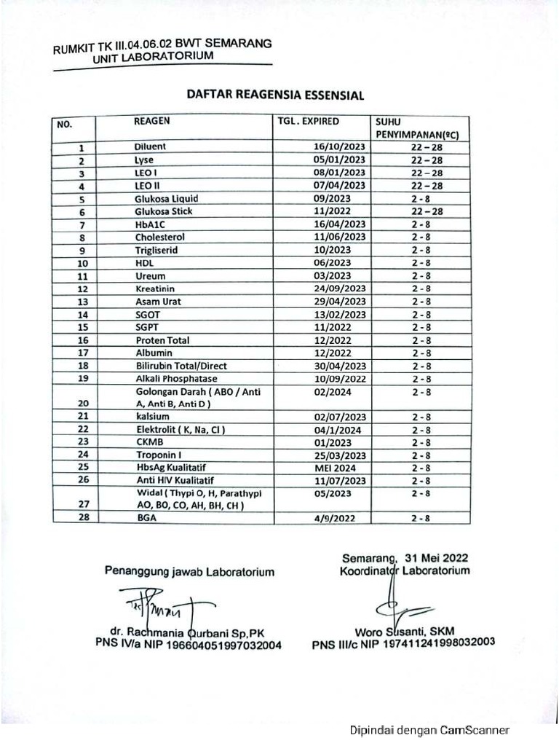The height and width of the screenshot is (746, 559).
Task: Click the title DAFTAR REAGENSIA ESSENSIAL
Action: tap(275, 95)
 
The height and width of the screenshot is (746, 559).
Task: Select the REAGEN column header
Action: tap(151, 122)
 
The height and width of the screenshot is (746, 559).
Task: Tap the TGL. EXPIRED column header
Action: tap(309, 122)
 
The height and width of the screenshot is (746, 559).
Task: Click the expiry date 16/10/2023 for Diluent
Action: tap(339, 147)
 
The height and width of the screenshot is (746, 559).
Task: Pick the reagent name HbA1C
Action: tap(150, 224)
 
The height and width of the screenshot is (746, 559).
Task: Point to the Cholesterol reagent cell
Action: tap(159, 237)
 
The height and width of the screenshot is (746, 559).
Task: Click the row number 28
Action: tap(82, 518)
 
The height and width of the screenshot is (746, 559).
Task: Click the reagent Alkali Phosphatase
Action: tap(176, 379)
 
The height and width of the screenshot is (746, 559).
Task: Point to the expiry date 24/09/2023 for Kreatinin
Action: tap(339, 288)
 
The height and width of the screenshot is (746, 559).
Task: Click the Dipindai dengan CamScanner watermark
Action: tap(429, 731)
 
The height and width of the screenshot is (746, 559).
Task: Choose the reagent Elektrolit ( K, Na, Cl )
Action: tap(179, 429)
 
